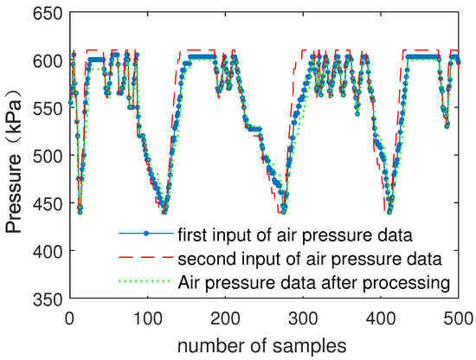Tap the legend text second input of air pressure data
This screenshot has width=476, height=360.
310,257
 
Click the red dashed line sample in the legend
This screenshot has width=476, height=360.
145,257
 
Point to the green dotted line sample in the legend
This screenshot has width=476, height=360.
145,280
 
